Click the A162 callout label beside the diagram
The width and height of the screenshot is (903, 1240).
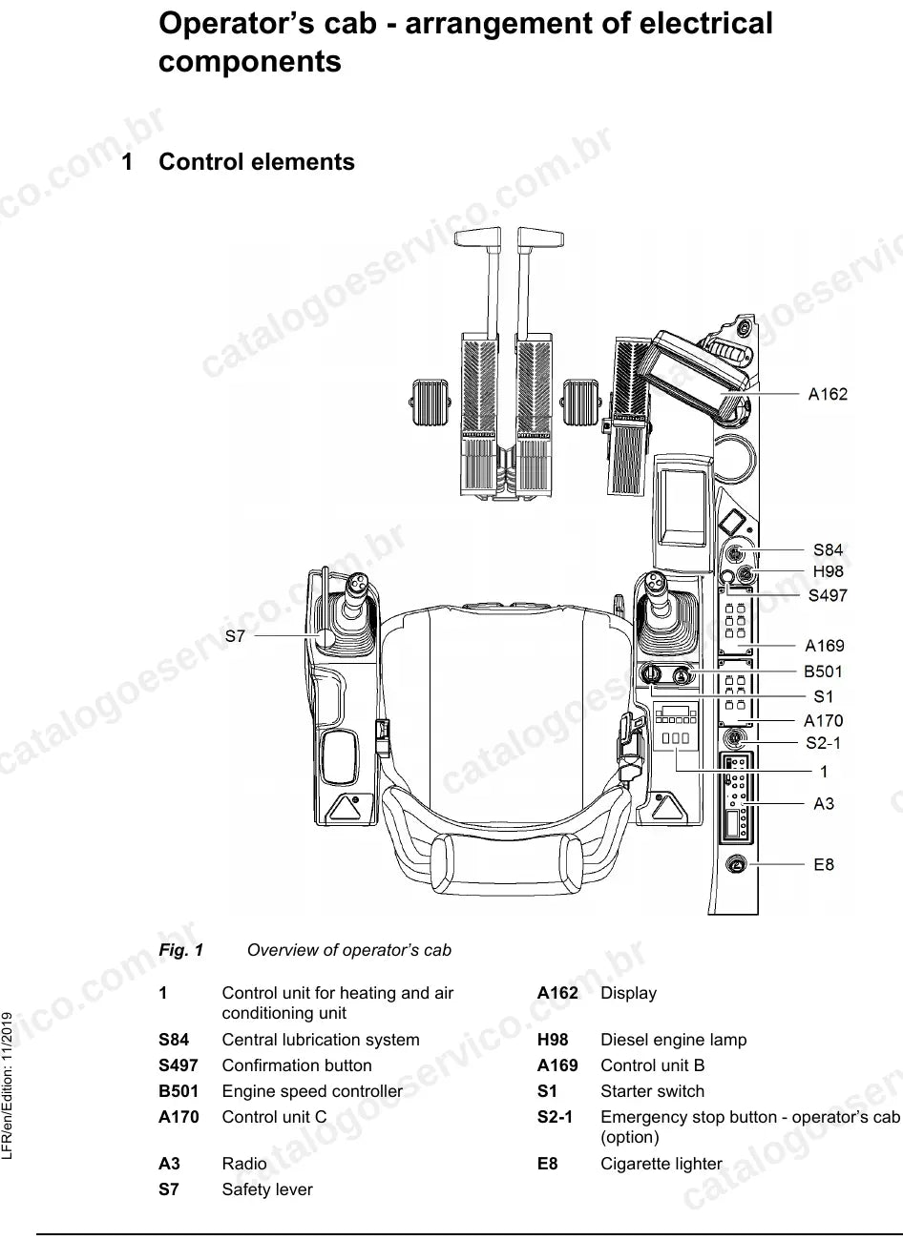[828, 394]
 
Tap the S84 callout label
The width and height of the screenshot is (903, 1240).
[828, 549]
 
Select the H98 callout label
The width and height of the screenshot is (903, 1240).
[828, 571]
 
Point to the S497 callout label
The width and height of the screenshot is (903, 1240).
[828, 595]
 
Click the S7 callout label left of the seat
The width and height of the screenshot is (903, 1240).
[235, 636]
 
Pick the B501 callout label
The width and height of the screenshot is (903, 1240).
[823, 672]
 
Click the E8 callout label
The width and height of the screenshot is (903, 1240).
[823, 865]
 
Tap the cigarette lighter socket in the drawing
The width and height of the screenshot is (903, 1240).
[736, 865]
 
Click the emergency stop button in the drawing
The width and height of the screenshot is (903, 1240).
[735, 738]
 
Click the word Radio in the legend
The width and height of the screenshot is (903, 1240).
[244, 1163]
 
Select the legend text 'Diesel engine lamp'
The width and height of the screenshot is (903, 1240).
[674, 1039]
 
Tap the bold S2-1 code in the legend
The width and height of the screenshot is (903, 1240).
[555, 1117]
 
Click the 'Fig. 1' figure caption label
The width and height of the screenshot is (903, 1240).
[181, 950]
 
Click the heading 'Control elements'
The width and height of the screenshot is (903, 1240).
[257, 161]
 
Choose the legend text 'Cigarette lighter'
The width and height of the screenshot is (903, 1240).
[661, 1163]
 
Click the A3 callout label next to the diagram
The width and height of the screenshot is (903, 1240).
[824, 803]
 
